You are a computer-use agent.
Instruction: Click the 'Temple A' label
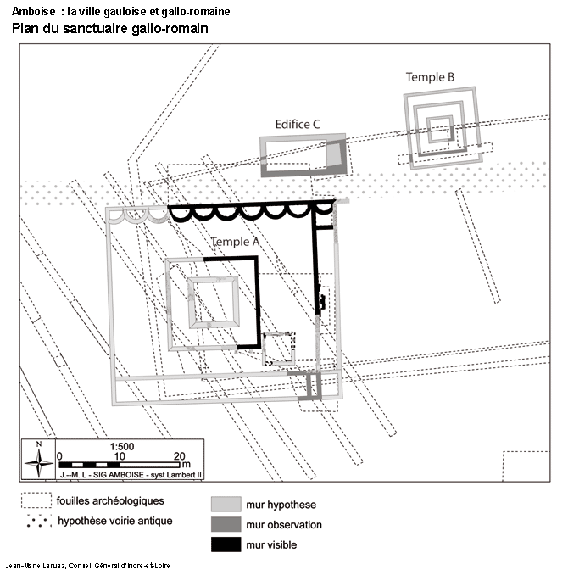(x=235, y=242)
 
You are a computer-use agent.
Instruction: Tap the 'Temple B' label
(x=430, y=77)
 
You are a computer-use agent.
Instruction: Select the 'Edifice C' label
(x=298, y=125)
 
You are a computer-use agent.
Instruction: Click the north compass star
(x=38, y=463)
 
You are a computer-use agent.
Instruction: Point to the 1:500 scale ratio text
(x=122, y=447)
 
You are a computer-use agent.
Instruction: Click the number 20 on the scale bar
(x=180, y=456)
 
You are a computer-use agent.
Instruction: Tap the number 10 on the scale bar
(x=120, y=456)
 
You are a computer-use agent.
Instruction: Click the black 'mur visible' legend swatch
(x=226, y=544)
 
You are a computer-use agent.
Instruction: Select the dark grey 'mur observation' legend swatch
(x=226, y=524)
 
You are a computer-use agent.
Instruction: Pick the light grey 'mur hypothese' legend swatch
(x=226, y=504)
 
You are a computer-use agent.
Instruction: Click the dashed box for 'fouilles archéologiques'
(x=36, y=500)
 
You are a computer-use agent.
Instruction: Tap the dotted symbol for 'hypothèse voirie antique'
(x=38, y=521)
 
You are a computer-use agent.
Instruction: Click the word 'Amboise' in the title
(x=33, y=11)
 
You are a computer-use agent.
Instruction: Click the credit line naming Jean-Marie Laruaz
(x=88, y=566)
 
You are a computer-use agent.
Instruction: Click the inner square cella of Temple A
(x=189, y=303)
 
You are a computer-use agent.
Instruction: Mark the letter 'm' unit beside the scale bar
(x=187, y=464)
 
